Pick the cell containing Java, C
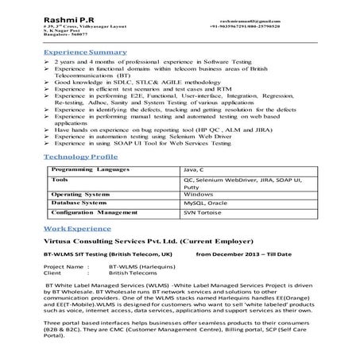tap(194, 170)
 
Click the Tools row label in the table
tap(59, 180)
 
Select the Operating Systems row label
tap(79, 193)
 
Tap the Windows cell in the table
tap(198, 193)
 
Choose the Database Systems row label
tap(78, 203)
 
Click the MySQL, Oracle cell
tap(205, 203)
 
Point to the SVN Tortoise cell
tap(203, 213)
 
